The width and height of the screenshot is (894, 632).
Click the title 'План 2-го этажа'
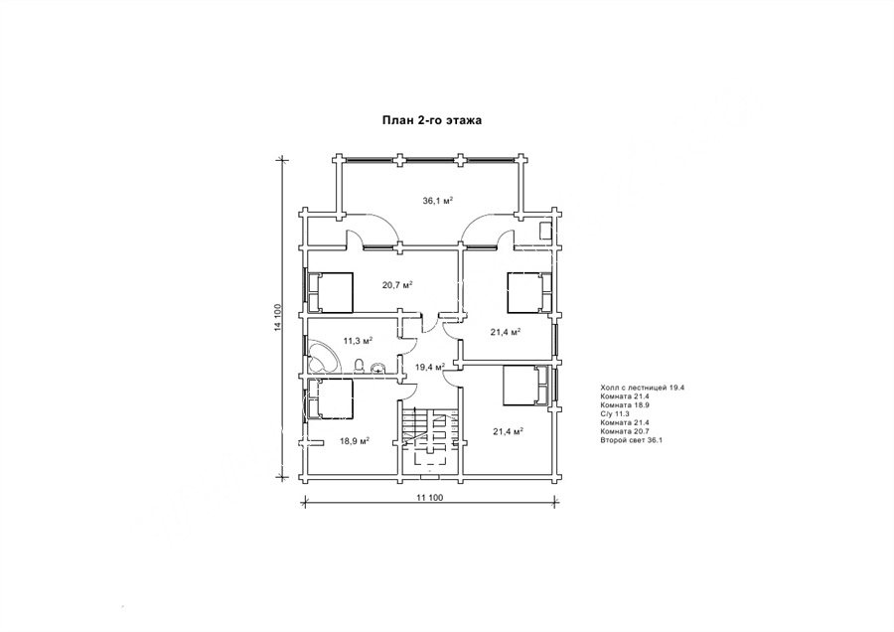tap(432, 120)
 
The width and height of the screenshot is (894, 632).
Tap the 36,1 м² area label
tap(437, 200)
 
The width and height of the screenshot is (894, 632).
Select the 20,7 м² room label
tap(397, 283)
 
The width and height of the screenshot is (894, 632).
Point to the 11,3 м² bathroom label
tap(358, 341)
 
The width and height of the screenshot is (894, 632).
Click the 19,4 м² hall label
tap(429, 368)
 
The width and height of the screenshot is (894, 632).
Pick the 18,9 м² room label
tap(355, 441)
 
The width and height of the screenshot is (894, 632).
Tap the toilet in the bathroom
tap(360, 366)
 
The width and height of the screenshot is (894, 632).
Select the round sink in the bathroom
tap(378, 368)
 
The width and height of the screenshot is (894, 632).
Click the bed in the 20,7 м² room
tap(330, 292)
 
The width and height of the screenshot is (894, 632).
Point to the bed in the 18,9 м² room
tap(330, 398)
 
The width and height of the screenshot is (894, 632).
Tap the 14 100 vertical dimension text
tap(278, 318)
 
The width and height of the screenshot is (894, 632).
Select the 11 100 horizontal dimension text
tap(430, 498)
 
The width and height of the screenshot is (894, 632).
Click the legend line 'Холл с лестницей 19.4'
tap(642, 388)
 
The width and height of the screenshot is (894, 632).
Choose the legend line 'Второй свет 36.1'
tap(631, 440)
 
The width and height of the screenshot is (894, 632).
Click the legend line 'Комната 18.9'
tap(625, 405)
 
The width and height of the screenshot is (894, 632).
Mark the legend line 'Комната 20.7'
tap(625, 431)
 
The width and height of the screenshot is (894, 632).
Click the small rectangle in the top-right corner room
tap(545, 231)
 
